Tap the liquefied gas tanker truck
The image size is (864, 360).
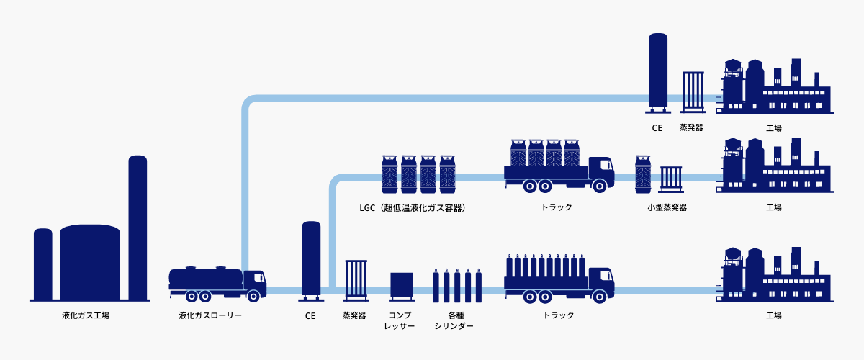[x=217, y=284]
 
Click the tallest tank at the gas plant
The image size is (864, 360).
[x=138, y=227]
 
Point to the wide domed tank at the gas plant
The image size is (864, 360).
[x=89, y=261]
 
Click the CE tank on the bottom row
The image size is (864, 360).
[x=311, y=259]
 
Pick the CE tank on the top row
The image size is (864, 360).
[x=657, y=71]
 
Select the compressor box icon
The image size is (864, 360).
[x=401, y=286]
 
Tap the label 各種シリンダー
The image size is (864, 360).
[x=456, y=320]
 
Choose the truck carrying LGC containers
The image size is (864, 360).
[x=559, y=166]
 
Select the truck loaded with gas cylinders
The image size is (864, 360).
[x=559, y=278]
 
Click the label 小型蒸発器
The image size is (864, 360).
[x=667, y=207]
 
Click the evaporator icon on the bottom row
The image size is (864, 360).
[x=356, y=279]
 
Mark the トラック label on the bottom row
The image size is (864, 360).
[x=559, y=315]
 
